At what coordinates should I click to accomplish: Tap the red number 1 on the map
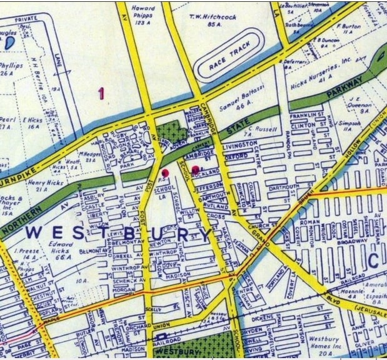coord(101,94)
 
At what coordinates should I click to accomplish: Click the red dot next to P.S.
coord(166,172)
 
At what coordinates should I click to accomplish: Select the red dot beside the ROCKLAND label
coord(195,169)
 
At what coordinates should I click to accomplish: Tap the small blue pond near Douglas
coord(9,43)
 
